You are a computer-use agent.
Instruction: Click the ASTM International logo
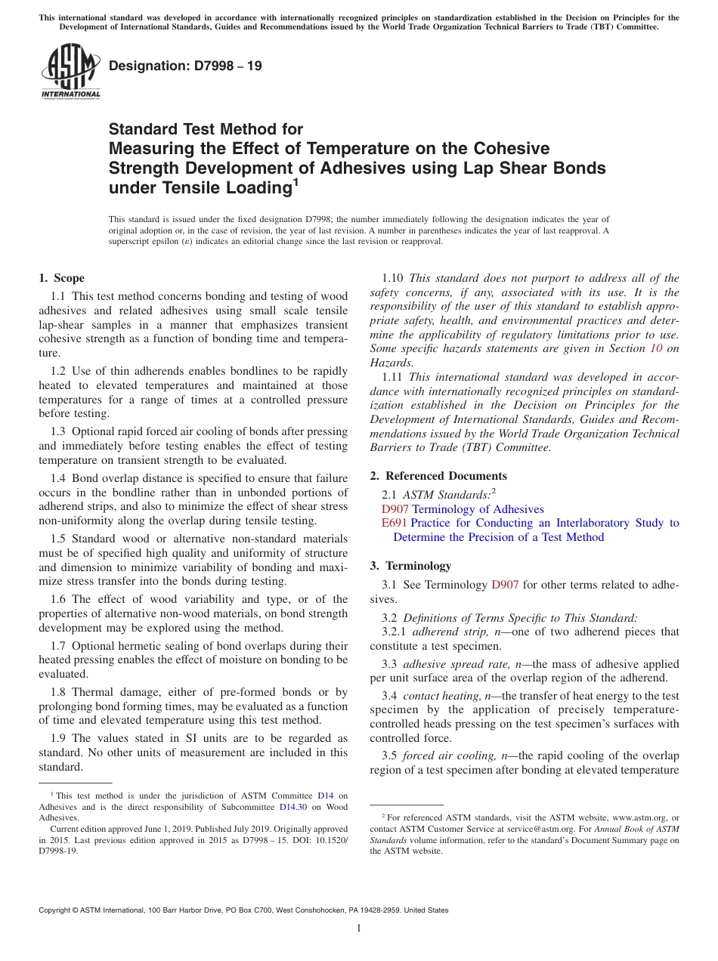coord(70,72)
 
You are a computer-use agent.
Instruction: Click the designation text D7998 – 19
coord(185,66)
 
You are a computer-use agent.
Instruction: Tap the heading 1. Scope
coord(62,278)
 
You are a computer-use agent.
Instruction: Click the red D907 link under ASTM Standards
coord(395,509)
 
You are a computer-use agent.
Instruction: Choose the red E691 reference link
coord(395,523)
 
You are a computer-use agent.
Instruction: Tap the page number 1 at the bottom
coord(359,928)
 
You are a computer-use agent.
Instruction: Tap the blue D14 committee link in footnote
coord(325,796)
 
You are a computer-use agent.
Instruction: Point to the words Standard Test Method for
coord(206,130)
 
